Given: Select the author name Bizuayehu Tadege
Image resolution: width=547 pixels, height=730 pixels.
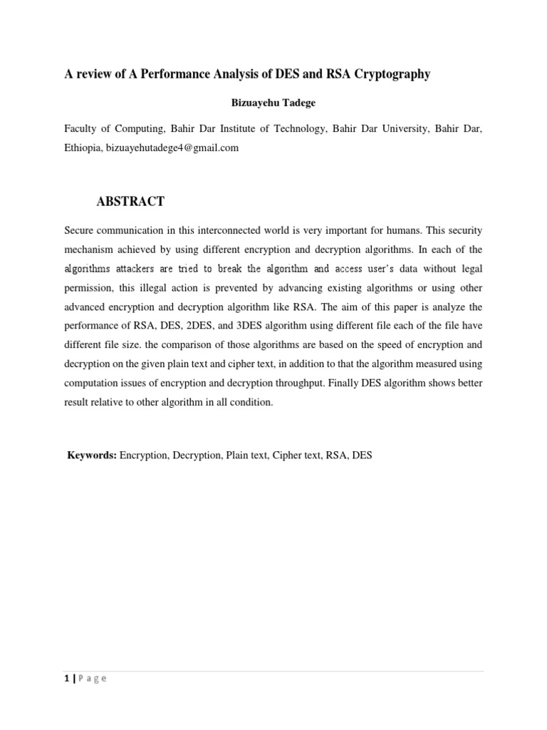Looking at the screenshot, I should point(273,103).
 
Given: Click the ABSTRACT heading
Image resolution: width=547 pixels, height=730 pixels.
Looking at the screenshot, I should point(130,202).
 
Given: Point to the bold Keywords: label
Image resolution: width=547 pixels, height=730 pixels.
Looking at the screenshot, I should point(92,454).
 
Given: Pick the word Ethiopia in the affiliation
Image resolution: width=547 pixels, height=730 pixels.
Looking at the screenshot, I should point(83,148).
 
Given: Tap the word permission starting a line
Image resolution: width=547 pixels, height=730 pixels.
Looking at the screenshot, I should point(89,288).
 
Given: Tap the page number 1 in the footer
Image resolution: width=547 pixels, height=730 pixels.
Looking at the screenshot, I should point(66,678).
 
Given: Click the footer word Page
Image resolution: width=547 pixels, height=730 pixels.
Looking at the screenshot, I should point(92,679).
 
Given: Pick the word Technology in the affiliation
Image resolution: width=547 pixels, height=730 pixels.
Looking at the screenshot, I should point(293,129).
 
